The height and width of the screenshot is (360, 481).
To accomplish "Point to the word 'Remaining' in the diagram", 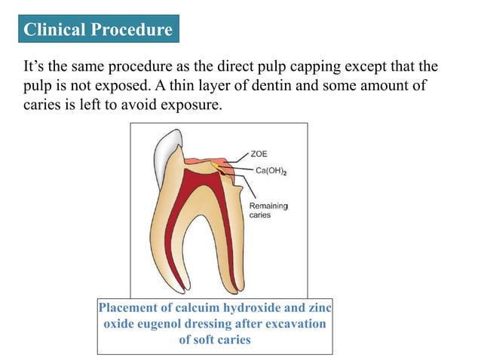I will coord(268,206).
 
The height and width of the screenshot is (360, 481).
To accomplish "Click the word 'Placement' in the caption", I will coord(129,309).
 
